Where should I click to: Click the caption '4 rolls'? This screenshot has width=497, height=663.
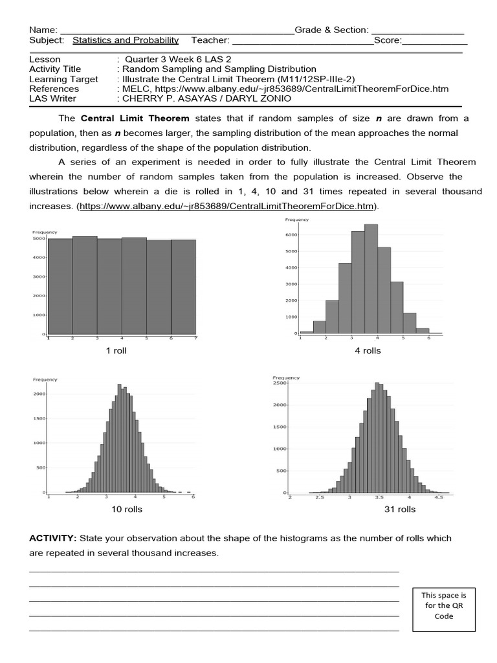tap(368, 350)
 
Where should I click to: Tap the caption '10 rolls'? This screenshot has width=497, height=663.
tap(126, 509)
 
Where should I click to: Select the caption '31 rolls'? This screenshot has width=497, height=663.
tap(399, 509)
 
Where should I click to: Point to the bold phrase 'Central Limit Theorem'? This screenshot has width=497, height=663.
tap(135, 118)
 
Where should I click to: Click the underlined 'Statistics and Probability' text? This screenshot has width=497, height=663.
tap(126, 40)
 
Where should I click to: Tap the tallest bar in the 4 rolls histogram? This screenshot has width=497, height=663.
tap(371, 278)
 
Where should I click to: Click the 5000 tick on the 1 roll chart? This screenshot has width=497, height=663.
tap(39, 238)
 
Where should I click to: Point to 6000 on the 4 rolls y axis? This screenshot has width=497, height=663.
tap(291, 235)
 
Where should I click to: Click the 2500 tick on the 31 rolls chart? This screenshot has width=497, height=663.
tap(280, 383)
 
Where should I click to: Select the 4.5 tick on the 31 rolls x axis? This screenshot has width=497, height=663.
tap(438, 497)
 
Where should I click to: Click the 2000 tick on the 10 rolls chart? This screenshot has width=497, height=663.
tap(39, 394)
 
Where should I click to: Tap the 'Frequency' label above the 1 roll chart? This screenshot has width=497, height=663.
tap(45, 232)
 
